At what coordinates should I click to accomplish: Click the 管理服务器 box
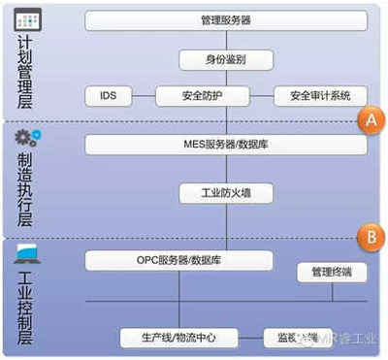click(226, 19)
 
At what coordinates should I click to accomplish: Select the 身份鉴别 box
click(226, 59)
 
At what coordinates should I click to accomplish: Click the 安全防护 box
click(204, 96)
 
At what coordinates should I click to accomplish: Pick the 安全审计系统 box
click(321, 96)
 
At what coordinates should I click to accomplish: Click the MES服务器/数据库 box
click(226, 145)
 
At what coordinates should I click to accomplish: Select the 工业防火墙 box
click(226, 192)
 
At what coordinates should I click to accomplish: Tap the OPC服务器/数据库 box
click(179, 260)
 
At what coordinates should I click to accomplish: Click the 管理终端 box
click(331, 273)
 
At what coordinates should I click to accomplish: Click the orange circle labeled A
click(369, 120)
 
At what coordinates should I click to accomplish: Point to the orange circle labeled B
click(369, 235)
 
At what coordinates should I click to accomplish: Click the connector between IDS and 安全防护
click(144, 96)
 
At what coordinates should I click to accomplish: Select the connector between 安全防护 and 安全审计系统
click(263, 96)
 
